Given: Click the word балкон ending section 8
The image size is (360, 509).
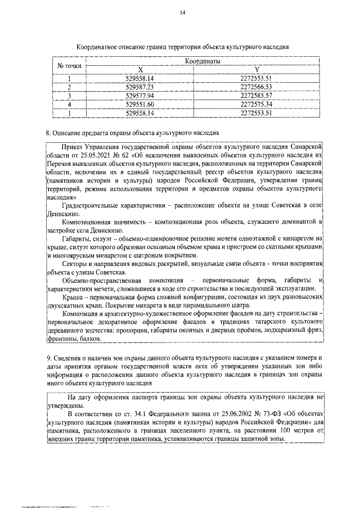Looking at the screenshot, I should (90, 340).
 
